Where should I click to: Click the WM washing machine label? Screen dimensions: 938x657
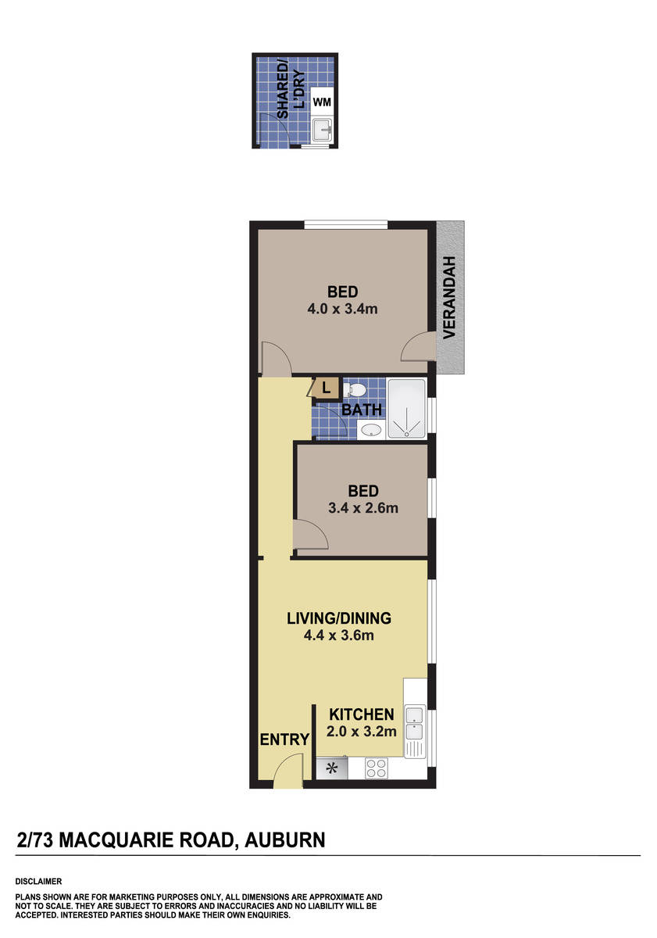[321, 102]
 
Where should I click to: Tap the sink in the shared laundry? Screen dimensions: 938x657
[321, 129]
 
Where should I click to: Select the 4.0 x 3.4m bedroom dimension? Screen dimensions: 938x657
[342, 309]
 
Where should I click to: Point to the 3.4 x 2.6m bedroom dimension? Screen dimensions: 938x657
[363, 508]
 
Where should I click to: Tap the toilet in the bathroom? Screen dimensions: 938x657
[355, 389]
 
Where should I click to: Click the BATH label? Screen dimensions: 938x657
[362, 410]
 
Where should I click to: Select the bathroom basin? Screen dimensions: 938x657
[371, 429]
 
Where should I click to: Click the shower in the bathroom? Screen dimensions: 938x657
[407, 406]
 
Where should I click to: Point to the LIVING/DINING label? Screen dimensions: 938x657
[339, 618]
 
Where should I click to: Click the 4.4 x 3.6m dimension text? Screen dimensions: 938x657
[339, 635]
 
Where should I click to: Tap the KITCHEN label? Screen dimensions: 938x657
[361, 714]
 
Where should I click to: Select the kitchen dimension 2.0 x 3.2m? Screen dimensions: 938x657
[362, 732]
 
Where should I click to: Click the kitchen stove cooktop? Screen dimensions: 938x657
[377, 768]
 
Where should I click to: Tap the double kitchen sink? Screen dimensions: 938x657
[414, 722]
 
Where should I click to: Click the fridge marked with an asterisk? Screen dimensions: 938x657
[331, 768]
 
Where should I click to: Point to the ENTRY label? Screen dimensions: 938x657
[284, 739]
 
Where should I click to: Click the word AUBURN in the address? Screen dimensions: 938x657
[285, 841]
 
